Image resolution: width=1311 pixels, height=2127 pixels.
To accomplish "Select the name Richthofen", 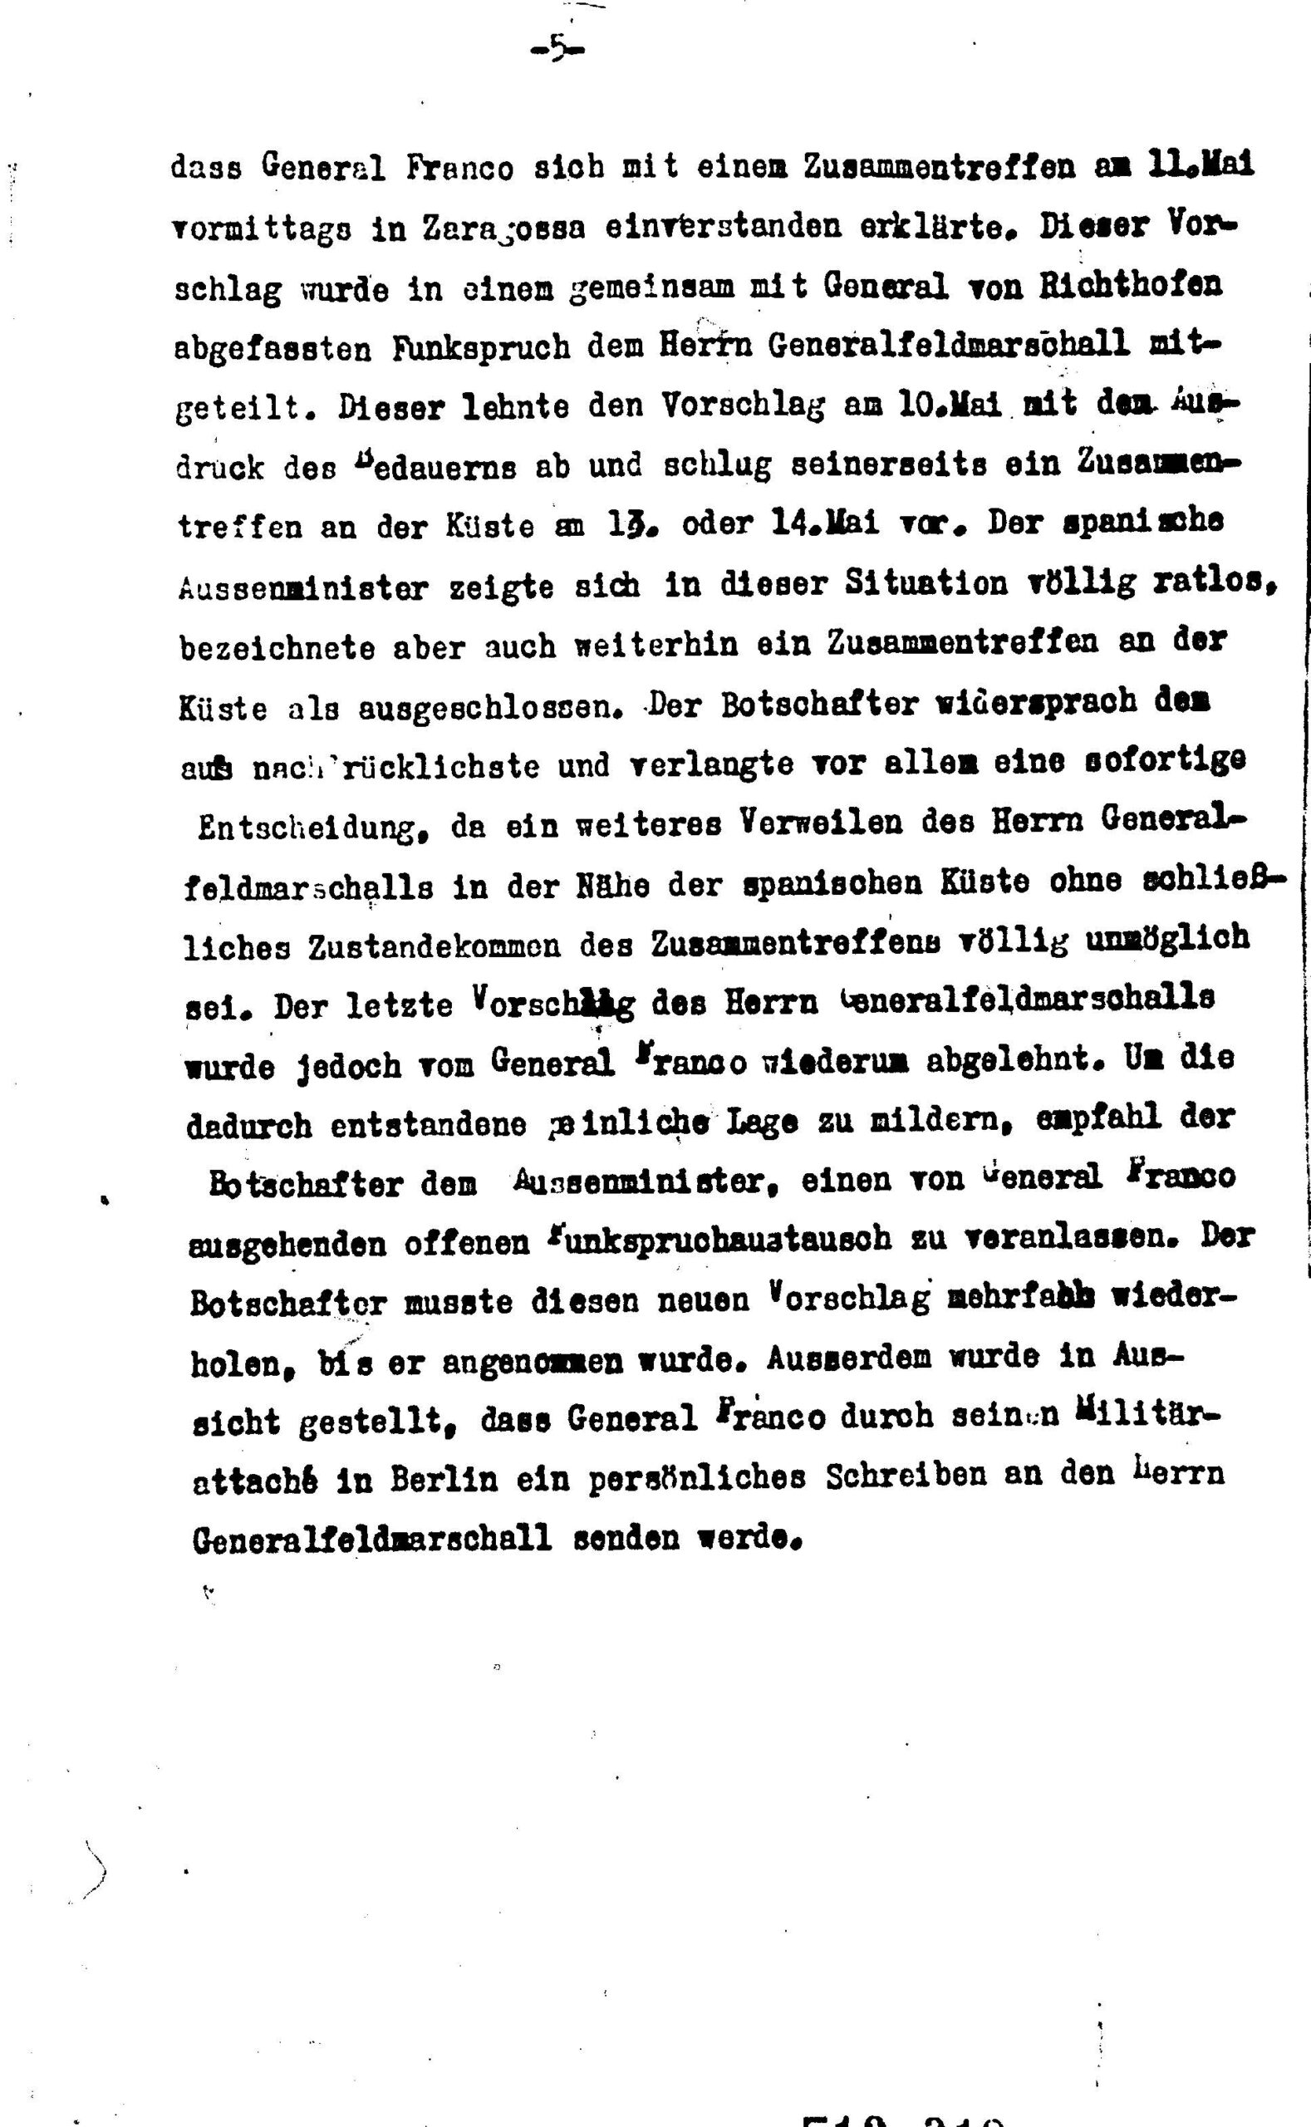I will [x=1131, y=284].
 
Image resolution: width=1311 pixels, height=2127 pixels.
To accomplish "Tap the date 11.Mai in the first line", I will [x=1200, y=165].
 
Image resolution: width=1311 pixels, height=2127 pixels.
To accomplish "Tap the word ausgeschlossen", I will [x=491, y=709].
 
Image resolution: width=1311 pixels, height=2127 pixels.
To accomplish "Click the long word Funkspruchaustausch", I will [x=714, y=1240].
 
